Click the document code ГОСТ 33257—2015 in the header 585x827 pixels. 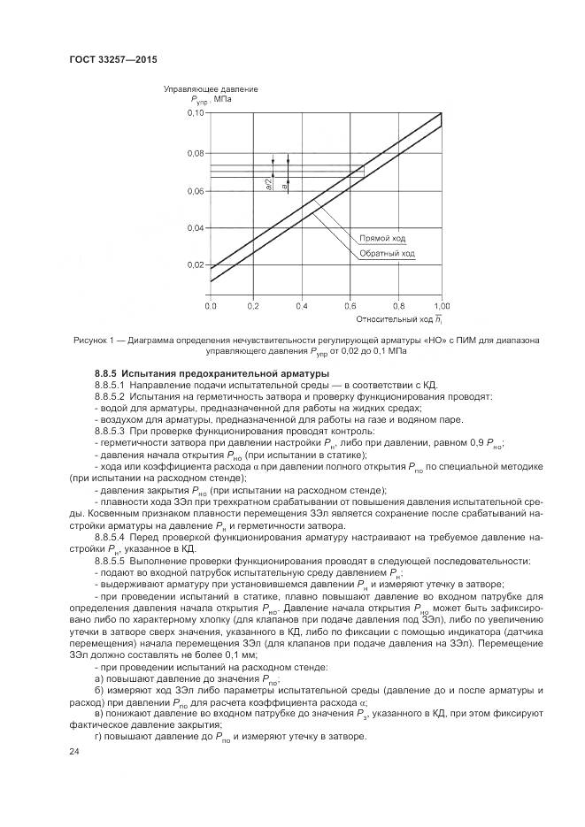(x=107, y=60)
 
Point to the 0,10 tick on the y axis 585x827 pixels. (x=196, y=115)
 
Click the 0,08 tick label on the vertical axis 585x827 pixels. (x=196, y=153)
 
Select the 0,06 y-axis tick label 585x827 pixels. (x=196, y=190)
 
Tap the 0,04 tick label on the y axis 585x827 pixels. (x=196, y=227)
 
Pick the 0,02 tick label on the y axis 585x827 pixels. (x=196, y=264)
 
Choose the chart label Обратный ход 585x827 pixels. (x=386, y=254)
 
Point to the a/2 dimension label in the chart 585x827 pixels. (x=268, y=185)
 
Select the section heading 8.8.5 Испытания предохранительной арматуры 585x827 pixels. (x=175, y=374)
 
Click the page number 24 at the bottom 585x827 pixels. (x=74, y=750)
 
